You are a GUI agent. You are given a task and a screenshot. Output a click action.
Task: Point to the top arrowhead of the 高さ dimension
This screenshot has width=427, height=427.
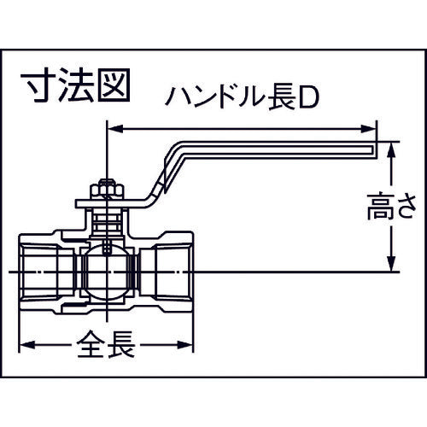click(x=391, y=148)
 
